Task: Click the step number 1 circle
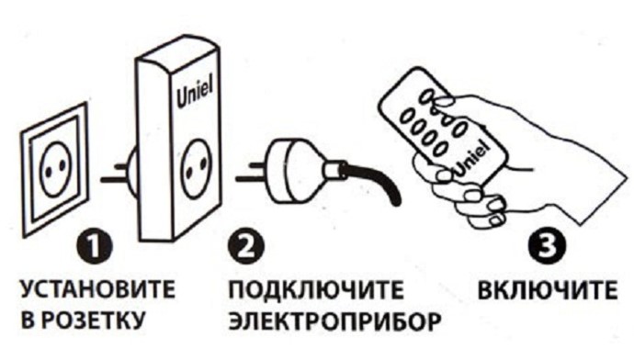pos(95,246)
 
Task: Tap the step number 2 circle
pos(246,246)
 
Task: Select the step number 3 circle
pos(548,246)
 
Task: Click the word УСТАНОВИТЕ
pos(97,289)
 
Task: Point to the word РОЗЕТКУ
pos(94,320)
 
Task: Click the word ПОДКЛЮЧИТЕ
pos(316,289)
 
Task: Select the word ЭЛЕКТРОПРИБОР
pos(334,321)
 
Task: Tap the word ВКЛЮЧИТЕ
pos(548,289)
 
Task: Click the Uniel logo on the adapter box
pos(195,95)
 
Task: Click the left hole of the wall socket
pos(49,173)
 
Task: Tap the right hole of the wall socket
pos(62,165)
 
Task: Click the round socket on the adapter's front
pos(197,168)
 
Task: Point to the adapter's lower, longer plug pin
pos(115,179)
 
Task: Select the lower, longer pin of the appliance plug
pos(253,178)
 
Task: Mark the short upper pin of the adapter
pos(121,165)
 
